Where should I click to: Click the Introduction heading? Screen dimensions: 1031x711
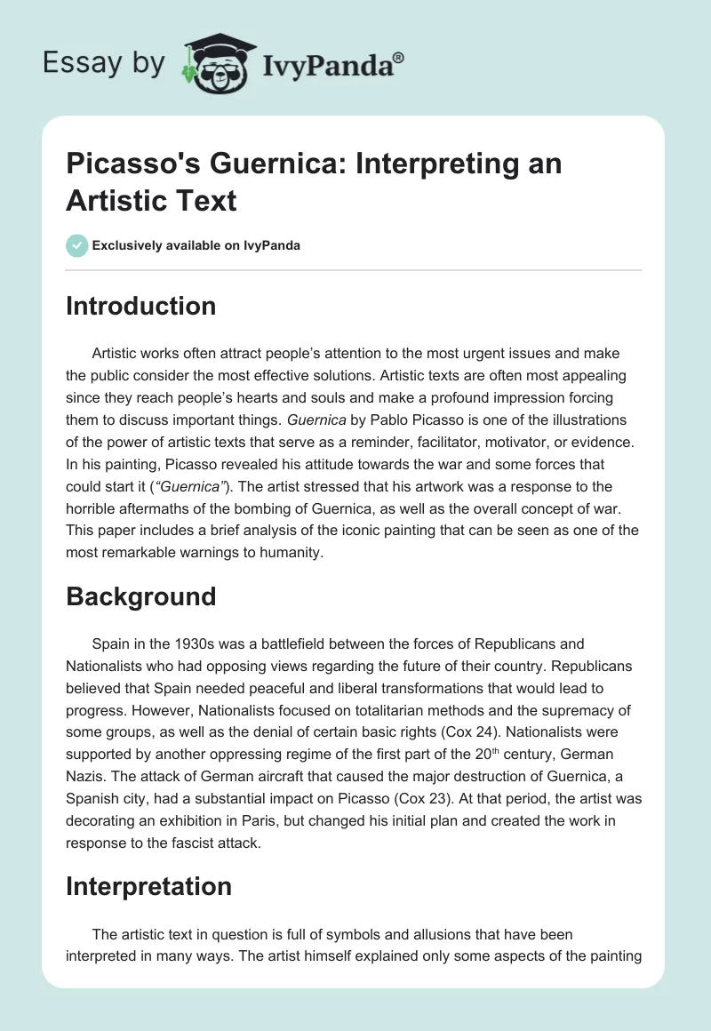(x=141, y=306)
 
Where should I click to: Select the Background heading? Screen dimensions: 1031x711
(x=141, y=595)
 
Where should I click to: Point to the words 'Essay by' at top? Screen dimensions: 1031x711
(x=105, y=63)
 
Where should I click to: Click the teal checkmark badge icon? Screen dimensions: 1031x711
(x=77, y=244)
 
